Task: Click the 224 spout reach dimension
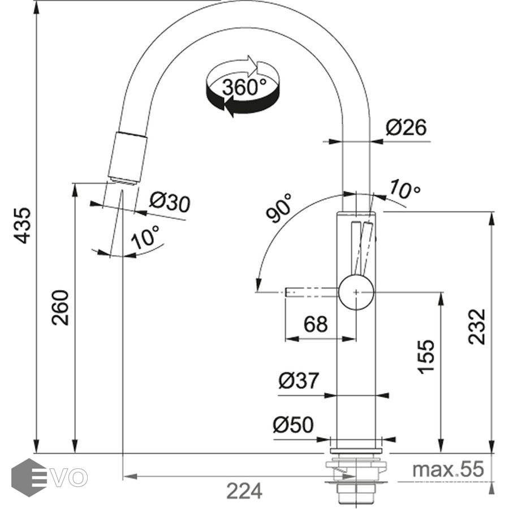click(x=244, y=490)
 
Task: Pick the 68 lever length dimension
click(x=316, y=324)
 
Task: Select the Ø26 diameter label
click(x=406, y=128)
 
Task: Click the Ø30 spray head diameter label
click(x=169, y=202)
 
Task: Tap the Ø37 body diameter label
click(x=299, y=381)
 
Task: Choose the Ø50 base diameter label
click(x=293, y=424)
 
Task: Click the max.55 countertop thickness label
click(x=448, y=469)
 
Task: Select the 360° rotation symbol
click(x=244, y=87)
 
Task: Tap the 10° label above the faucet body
click(x=404, y=191)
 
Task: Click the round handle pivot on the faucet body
click(x=356, y=292)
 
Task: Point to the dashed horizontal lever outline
click(x=311, y=292)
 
